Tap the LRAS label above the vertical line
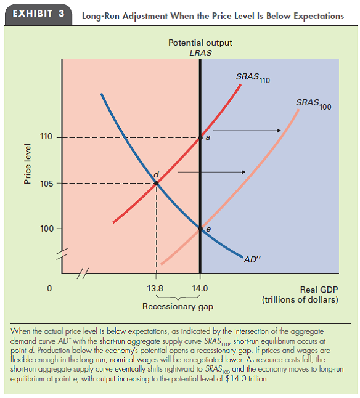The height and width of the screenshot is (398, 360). point(200,54)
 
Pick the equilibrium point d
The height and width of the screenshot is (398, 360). point(156,183)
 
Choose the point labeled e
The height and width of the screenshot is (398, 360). point(200,229)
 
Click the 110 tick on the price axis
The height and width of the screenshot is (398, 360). point(47,137)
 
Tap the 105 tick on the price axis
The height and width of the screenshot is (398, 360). point(47,183)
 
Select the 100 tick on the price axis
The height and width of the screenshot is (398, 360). point(47,229)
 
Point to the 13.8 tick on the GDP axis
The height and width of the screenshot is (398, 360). point(157,288)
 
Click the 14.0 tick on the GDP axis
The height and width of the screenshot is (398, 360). point(200,288)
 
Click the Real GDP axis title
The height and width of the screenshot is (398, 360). point(319,288)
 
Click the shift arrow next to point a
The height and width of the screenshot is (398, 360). point(247,130)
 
